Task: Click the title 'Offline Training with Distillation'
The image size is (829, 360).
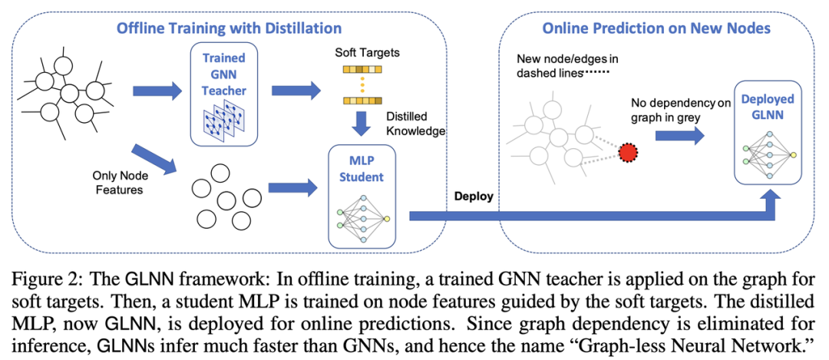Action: [x=229, y=29]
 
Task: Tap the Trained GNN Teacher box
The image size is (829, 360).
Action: [x=225, y=93]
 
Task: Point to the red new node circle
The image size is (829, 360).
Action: [x=629, y=153]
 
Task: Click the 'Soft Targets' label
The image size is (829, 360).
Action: [x=368, y=54]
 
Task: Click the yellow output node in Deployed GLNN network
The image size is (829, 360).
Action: [x=793, y=155]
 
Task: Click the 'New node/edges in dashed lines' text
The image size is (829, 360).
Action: [x=560, y=65]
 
